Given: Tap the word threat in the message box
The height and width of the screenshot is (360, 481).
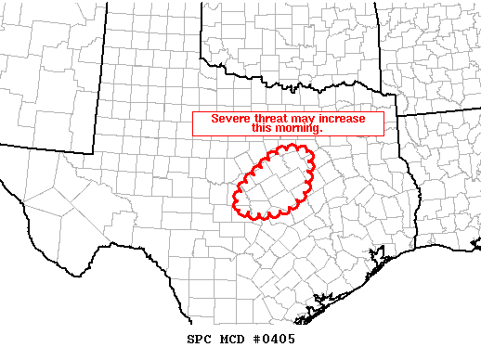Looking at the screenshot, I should click(269, 118).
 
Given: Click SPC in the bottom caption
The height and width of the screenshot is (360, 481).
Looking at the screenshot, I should click(200, 339).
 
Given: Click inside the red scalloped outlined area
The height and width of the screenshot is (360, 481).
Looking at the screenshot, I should click(275, 181).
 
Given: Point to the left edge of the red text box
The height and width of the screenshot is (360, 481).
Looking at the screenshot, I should click(192, 123).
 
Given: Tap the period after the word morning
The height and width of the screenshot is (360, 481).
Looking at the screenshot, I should click(320, 131).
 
